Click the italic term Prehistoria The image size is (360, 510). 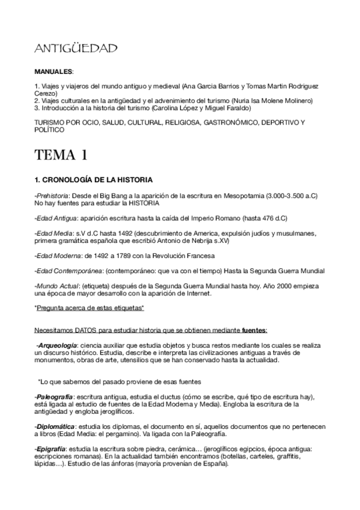coord(53,195)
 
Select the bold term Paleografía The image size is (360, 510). coord(55,398)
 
